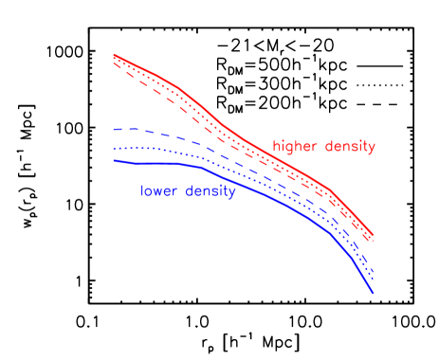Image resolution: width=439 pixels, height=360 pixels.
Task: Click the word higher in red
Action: coord(296,147)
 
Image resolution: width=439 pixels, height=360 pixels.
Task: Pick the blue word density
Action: coord(210,191)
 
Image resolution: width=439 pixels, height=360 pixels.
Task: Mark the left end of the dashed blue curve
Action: coord(114,129)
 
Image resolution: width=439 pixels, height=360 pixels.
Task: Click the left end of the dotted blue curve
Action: coord(114,148)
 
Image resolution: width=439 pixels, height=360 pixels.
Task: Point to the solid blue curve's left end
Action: coord(114,160)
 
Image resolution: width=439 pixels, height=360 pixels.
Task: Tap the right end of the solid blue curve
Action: coord(374,294)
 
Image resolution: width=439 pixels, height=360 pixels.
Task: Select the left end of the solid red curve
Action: coord(114,54)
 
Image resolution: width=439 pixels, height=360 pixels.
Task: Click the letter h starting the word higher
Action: coord(276,147)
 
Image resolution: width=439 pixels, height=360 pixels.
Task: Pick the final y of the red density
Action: coord(372,149)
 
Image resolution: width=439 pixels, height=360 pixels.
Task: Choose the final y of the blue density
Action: coord(231,193)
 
